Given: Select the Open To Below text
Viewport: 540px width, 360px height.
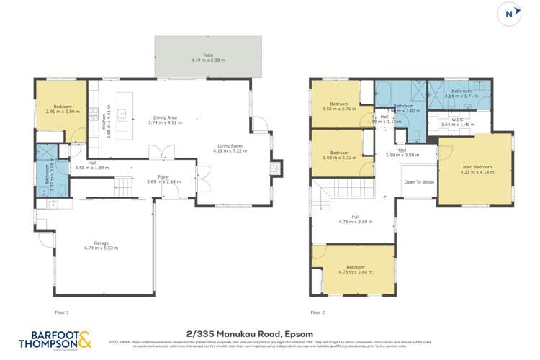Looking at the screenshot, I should [x=420, y=182].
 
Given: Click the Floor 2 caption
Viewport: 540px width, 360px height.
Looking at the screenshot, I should [x=318, y=312].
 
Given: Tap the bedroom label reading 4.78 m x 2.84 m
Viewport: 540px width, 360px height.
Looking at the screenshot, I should [x=354, y=270].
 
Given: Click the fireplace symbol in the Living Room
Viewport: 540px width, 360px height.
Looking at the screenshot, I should [x=274, y=168].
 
